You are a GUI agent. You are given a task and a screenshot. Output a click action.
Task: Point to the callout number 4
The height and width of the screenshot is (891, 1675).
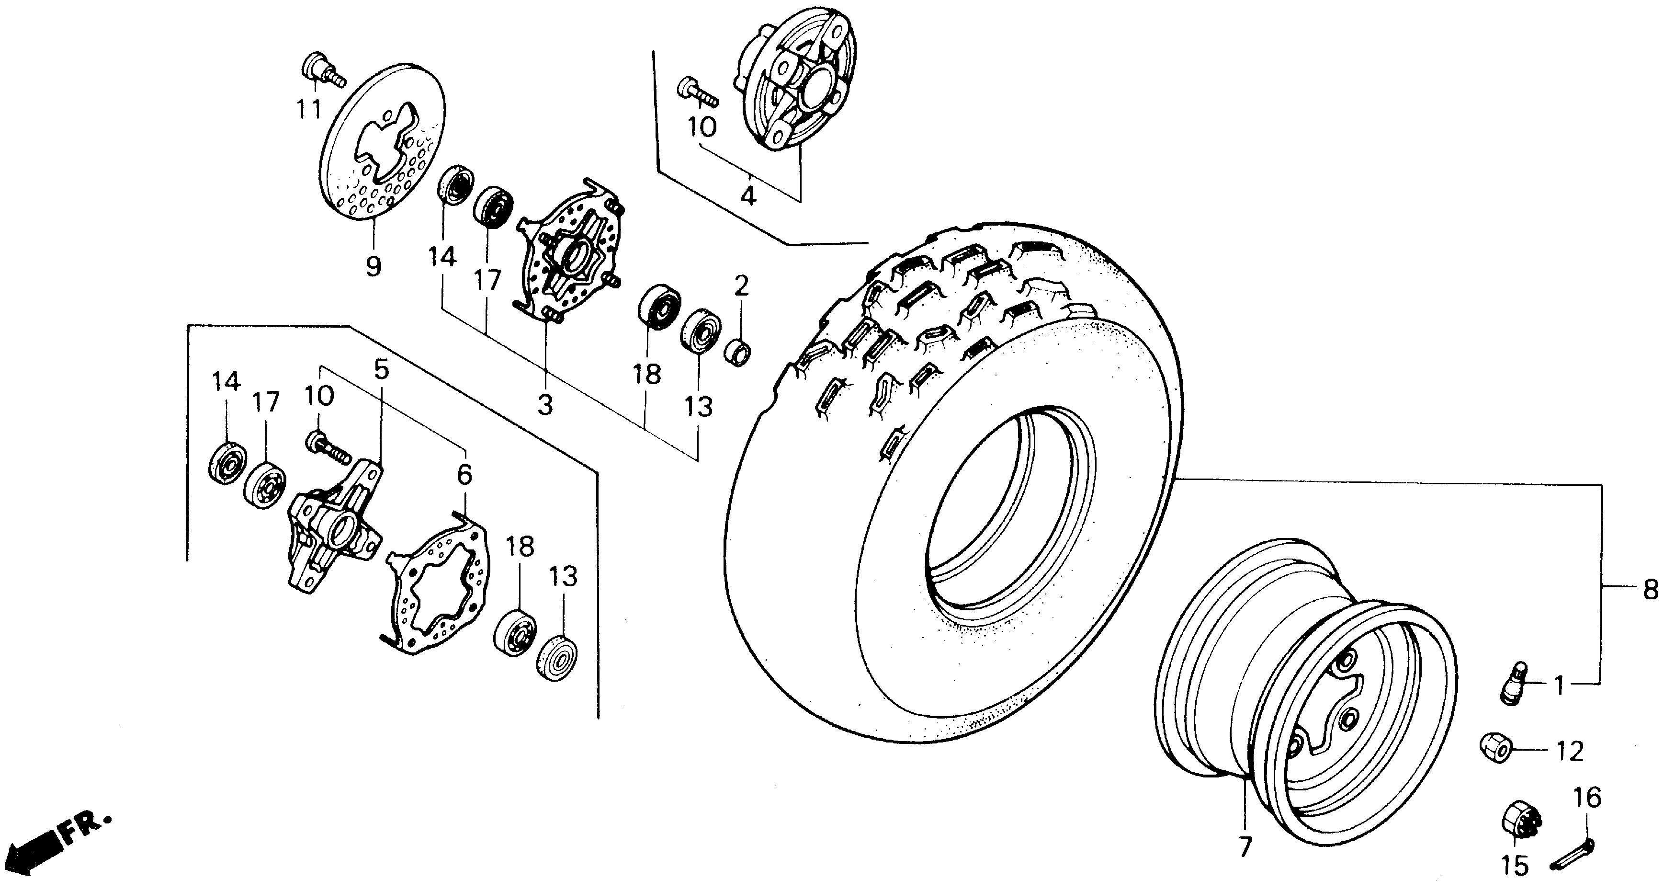coord(748,195)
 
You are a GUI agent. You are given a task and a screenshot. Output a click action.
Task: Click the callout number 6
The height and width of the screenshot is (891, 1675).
coord(464,475)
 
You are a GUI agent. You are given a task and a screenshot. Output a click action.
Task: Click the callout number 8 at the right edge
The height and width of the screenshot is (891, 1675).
coord(1650,590)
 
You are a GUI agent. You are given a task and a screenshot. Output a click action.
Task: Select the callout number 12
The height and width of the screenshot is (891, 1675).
coord(1570,752)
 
